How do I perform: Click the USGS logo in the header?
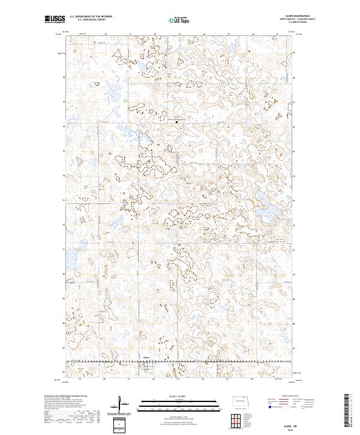pyautogui.click(x=55, y=20)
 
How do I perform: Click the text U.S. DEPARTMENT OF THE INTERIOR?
pyautogui.click(x=91, y=17)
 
